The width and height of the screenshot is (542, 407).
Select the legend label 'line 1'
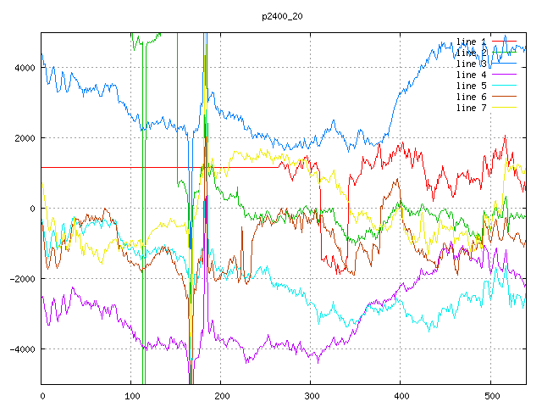click(471, 42)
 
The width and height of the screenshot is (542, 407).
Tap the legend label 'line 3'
click(471, 64)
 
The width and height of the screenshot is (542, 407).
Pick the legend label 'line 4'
click(471, 75)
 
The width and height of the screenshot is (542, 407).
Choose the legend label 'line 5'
click(471, 86)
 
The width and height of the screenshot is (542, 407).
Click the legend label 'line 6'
click(471, 97)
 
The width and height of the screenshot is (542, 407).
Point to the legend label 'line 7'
click(471, 108)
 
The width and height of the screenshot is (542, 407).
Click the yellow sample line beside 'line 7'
click(504, 108)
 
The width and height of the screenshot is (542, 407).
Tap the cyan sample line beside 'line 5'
click(504, 86)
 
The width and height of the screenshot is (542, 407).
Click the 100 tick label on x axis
click(131, 395)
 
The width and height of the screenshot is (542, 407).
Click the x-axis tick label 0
click(41, 395)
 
